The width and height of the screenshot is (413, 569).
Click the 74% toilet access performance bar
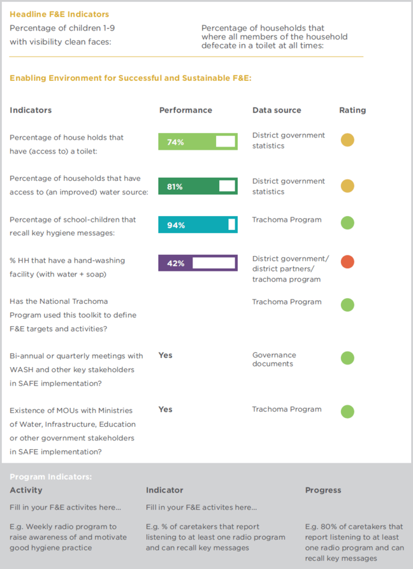[x=198, y=141]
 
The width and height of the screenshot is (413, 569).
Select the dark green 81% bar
[x=198, y=186]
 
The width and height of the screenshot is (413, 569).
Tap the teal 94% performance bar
[x=198, y=224]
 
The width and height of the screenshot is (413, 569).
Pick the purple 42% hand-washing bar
[x=198, y=263]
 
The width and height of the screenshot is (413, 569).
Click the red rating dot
[x=347, y=261]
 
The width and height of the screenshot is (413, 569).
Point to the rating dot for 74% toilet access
[x=347, y=140]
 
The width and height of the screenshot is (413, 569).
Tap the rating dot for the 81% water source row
[x=347, y=185]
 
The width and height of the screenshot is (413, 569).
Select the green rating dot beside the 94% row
[x=347, y=223]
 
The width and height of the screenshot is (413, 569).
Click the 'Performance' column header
[x=185, y=110]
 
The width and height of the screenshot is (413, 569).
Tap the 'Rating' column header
[x=352, y=110]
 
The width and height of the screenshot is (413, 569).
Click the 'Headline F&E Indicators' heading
[x=59, y=14]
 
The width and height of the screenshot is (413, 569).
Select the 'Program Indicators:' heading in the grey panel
[x=50, y=477]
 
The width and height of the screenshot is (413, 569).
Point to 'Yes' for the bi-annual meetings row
[x=165, y=356]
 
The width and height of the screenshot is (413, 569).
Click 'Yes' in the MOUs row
[x=165, y=410]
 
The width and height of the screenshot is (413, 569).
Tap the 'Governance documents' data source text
[x=274, y=359]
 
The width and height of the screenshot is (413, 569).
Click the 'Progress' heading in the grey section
[x=323, y=491]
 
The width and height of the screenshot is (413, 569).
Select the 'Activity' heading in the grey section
[x=26, y=491]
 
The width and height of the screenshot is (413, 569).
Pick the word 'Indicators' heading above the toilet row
[x=31, y=110]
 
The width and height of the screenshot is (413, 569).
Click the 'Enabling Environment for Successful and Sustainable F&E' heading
[x=131, y=78]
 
